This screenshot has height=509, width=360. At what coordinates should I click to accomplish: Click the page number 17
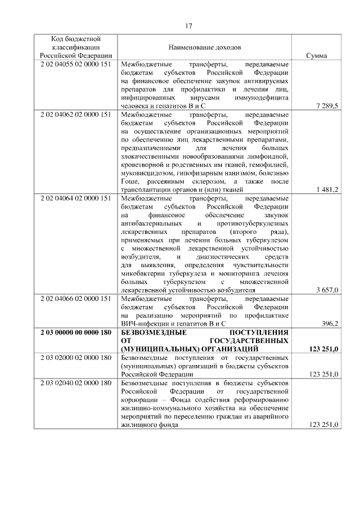[188, 25]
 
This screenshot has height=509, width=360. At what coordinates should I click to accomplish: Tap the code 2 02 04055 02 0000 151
[75, 65]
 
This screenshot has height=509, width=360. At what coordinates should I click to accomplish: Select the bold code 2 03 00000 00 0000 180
[75, 332]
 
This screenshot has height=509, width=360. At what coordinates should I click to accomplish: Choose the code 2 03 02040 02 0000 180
[75, 382]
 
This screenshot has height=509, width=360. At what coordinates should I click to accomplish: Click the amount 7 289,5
[327, 106]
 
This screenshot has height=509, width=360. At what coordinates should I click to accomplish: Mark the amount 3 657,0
[327, 290]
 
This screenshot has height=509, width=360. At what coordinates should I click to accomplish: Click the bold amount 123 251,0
[323, 349]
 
